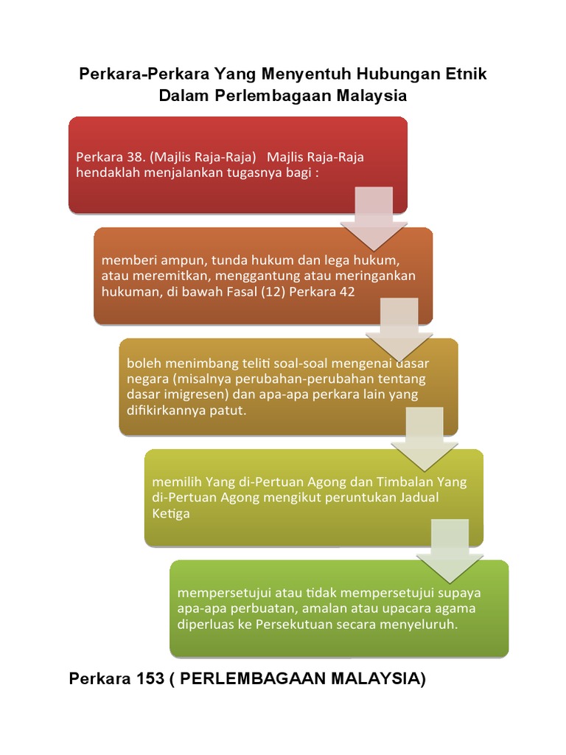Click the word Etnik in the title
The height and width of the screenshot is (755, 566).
(466, 74)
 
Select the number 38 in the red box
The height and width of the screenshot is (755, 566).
(136, 157)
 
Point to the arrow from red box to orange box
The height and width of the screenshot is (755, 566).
(374, 218)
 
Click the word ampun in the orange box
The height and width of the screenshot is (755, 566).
(178, 261)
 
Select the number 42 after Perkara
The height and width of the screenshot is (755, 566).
(347, 292)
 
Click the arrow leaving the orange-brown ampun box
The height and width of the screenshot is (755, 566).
(399, 330)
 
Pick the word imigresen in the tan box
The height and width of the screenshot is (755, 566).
(197, 395)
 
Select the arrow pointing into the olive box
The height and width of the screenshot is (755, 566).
(424, 439)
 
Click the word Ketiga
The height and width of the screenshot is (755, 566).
(171, 514)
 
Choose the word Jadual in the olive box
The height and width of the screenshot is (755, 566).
(419, 498)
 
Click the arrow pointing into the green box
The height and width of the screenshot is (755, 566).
(450, 551)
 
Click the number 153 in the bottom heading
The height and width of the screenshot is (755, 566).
(150, 678)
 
